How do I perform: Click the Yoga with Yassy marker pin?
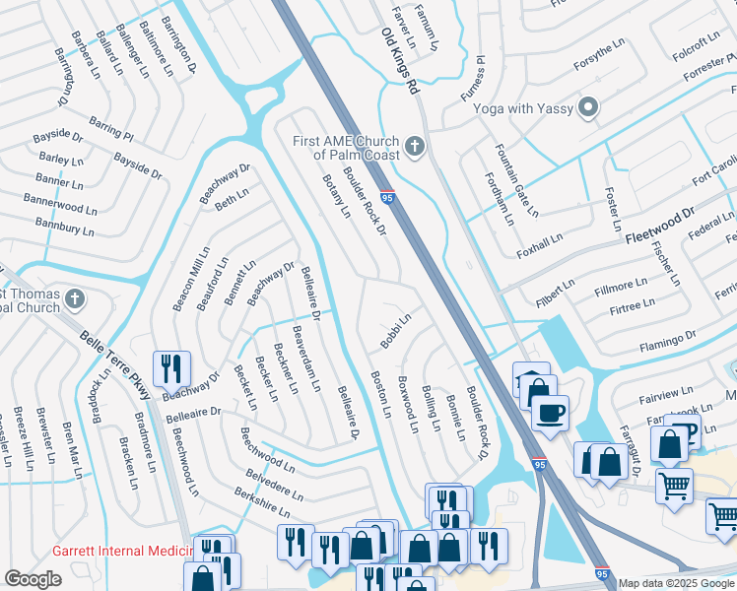coord(589,107)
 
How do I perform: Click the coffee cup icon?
coord(550,411)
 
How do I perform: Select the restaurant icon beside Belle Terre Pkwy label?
coord(171,369)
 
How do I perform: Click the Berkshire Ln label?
coord(262,500)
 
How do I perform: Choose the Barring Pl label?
coord(109,127)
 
